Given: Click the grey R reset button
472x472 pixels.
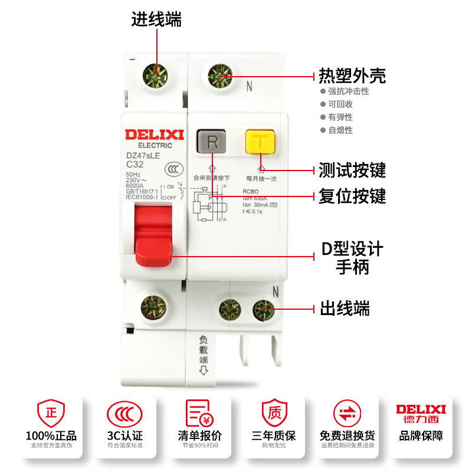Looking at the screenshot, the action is [x=213, y=142].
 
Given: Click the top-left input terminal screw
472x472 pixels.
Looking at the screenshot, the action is [x=157, y=77].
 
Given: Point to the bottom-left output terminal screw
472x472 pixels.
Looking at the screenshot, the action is [x=153, y=307].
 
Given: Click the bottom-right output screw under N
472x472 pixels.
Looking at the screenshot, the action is [x=264, y=309].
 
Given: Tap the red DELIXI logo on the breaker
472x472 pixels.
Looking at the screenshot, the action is [x=155, y=135].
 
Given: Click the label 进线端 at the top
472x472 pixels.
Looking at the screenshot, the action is [x=156, y=19].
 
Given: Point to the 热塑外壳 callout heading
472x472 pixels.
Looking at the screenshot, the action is [x=352, y=76].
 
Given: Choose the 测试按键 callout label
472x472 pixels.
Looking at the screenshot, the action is [x=352, y=171].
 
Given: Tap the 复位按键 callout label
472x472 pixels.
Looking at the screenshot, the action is [x=352, y=195].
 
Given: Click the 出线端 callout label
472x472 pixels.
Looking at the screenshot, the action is [x=345, y=308].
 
